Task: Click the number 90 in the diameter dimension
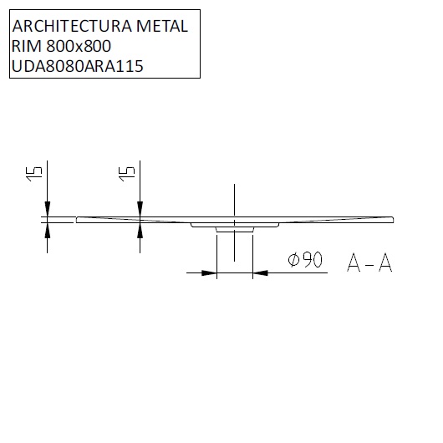click(x=310, y=261)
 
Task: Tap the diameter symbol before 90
click(x=293, y=261)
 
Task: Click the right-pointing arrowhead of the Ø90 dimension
click(x=209, y=272)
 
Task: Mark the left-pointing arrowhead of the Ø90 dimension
click(x=260, y=272)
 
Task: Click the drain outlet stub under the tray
click(x=234, y=229)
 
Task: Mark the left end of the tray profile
click(x=77, y=220)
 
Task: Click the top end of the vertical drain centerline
click(x=234, y=181)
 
